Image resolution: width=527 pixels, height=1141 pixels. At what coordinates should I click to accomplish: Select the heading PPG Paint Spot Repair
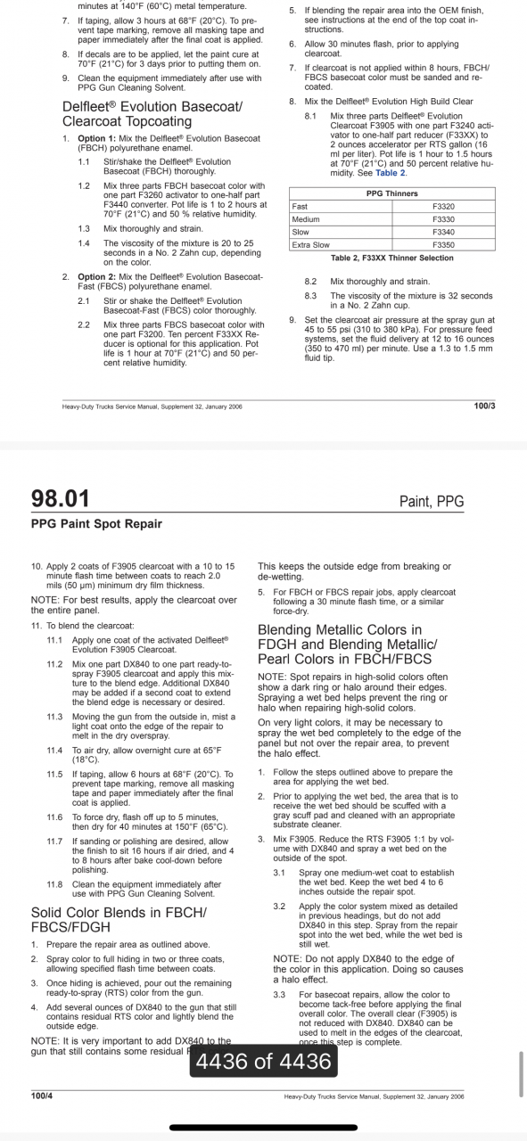pyautogui.click(x=96, y=524)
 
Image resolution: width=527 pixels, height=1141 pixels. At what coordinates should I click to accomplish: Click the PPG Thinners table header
pyautogui.click(x=391, y=193)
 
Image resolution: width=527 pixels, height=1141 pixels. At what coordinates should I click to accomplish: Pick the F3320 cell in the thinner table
pyautogui.click(x=443, y=206)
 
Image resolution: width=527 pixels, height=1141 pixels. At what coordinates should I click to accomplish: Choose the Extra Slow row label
pyautogui.click(x=310, y=244)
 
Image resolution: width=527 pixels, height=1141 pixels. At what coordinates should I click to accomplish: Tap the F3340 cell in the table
pyautogui.click(x=443, y=232)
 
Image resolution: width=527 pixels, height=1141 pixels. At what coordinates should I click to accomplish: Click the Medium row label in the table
pyautogui.click(x=305, y=219)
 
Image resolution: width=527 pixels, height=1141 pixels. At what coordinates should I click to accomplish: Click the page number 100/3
pyautogui.click(x=485, y=406)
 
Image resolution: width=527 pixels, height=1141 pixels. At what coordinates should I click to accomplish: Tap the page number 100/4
pyautogui.click(x=42, y=1095)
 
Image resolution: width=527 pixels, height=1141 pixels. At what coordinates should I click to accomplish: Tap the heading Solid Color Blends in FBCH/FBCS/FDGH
pyautogui.click(x=119, y=919)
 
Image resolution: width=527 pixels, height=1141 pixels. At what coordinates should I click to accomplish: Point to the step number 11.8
pyautogui.click(x=54, y=884)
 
